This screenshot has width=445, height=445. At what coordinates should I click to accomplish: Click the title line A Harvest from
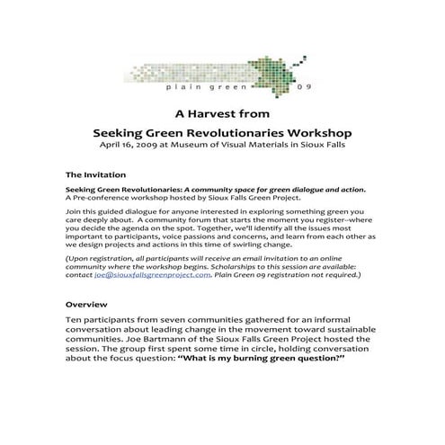[x=222, y=115]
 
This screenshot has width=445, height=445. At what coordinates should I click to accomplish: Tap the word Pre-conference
[x=104, y=200]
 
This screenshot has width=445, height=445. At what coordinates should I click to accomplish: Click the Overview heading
[x=87, y=304]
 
